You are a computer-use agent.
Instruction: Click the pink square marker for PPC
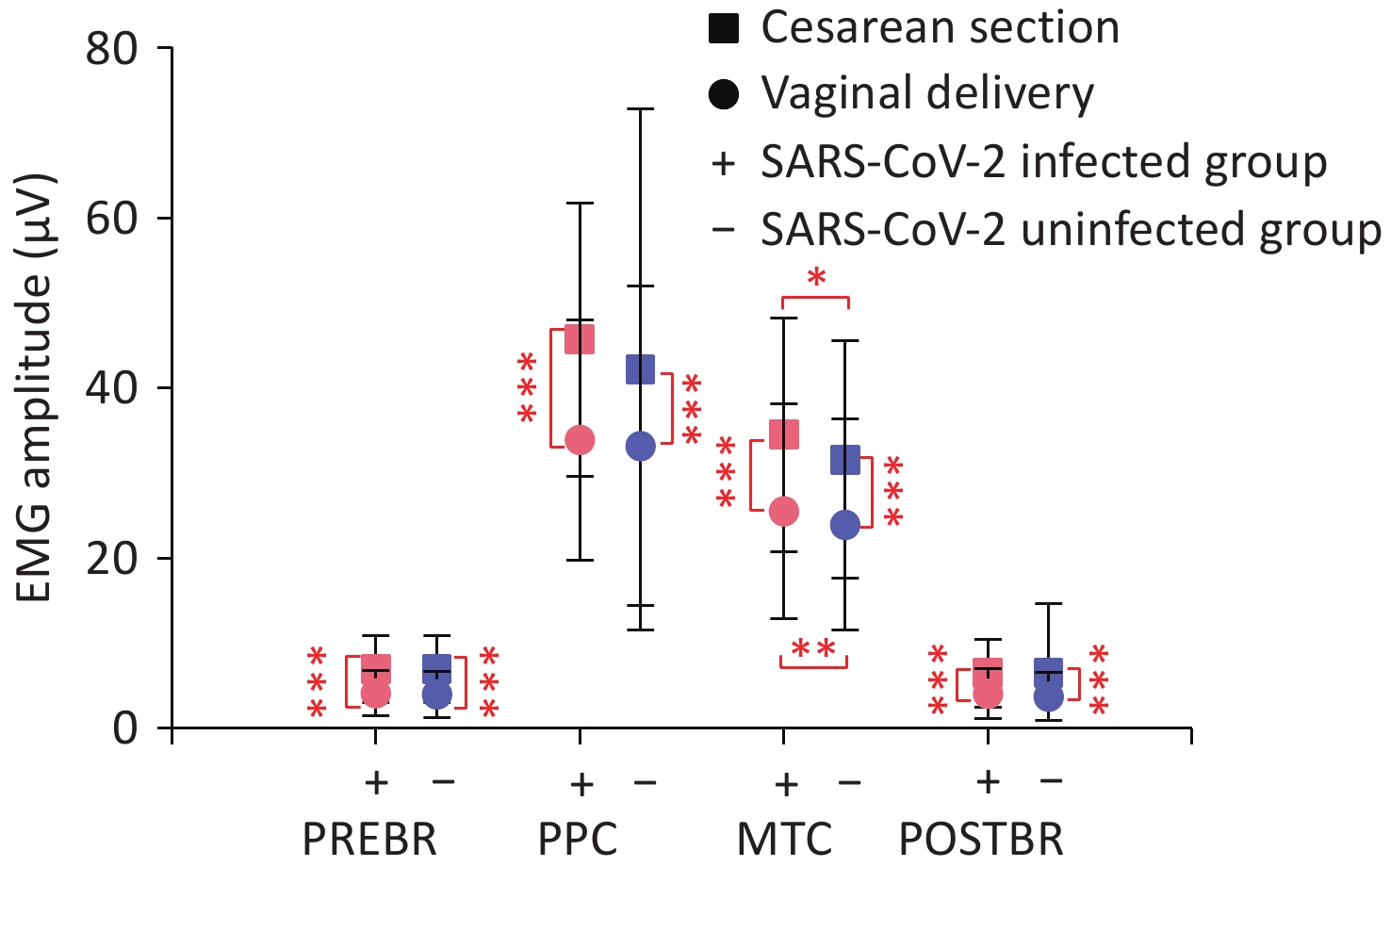pyautogui.click(x=580, y=339)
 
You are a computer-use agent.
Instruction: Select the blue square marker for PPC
pyautogui.click(x=641, y=369)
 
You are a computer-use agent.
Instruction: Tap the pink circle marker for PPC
pyautogui.click(x=580, y=440)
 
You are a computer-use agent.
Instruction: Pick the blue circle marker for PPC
pyautogui.click(x=641, y=447)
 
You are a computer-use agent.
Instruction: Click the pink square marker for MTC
pyautogui.click(x=784, y=434)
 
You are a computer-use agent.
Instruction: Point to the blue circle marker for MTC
pyautogui.click(x=845, y=525)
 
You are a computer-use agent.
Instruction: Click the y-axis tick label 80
pyautogui.click(x=111, y=49)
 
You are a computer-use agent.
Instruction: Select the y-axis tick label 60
pyautogui.click(x=111, y=219)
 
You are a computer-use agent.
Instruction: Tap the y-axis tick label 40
pyautogui.click(x=111, y=388)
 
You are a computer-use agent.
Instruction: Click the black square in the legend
pyautogui.click(x=724, y=28)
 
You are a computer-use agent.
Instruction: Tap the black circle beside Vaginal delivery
pyautogui.click(x=724, y=94)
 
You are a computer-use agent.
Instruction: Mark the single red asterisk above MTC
pyautogui.click(x=817, y=278)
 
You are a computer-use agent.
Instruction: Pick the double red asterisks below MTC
pyautogui.click(x=813, y=649)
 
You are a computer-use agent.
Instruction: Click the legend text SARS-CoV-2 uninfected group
pyautogui.click(x=1071, y=230)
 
